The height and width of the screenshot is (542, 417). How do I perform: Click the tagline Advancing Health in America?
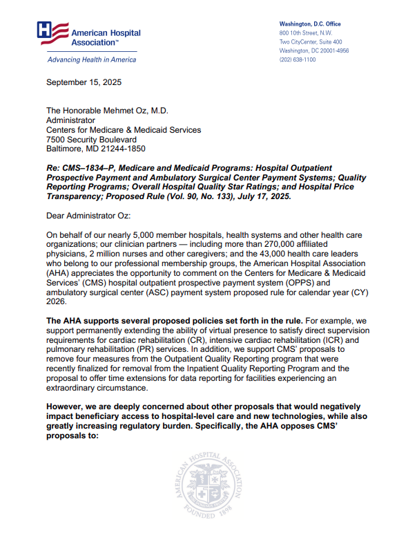coord(91,59)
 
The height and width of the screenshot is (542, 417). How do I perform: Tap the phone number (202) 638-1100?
coord(298,59)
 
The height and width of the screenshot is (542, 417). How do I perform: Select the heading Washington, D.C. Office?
coord(310,24)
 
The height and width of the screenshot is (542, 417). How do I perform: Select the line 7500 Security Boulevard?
coord(91,139)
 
